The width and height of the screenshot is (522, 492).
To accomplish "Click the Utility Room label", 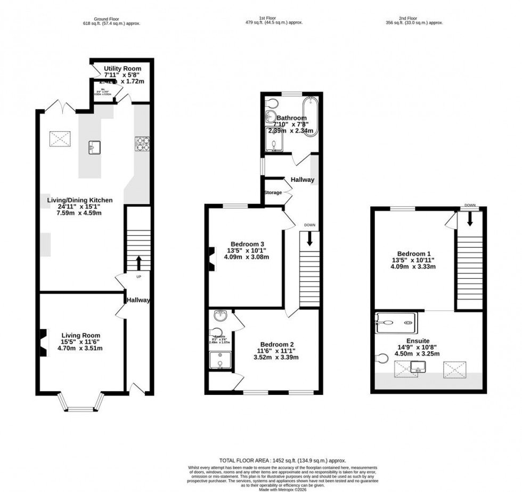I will tap(123, 69).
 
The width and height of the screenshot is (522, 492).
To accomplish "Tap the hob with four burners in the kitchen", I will tap(142, 143).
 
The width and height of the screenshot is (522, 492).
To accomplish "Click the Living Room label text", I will tap(80, 333).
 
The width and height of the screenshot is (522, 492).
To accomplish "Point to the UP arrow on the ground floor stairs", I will tap(139, 262).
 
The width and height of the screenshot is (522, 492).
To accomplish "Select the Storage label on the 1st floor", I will tap(273, 192).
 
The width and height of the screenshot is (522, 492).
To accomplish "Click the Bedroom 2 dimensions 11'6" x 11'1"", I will tap(276, 351).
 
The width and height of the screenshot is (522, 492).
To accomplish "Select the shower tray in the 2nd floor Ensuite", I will tap(395, 322).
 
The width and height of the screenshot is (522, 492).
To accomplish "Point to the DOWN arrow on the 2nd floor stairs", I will tap(470, 219).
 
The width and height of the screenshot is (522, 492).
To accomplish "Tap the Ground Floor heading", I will tap(104, 18).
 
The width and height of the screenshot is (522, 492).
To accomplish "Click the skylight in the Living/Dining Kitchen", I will tap(62, 140).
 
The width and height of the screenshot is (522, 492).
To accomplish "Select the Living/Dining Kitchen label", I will tap(80, 200).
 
